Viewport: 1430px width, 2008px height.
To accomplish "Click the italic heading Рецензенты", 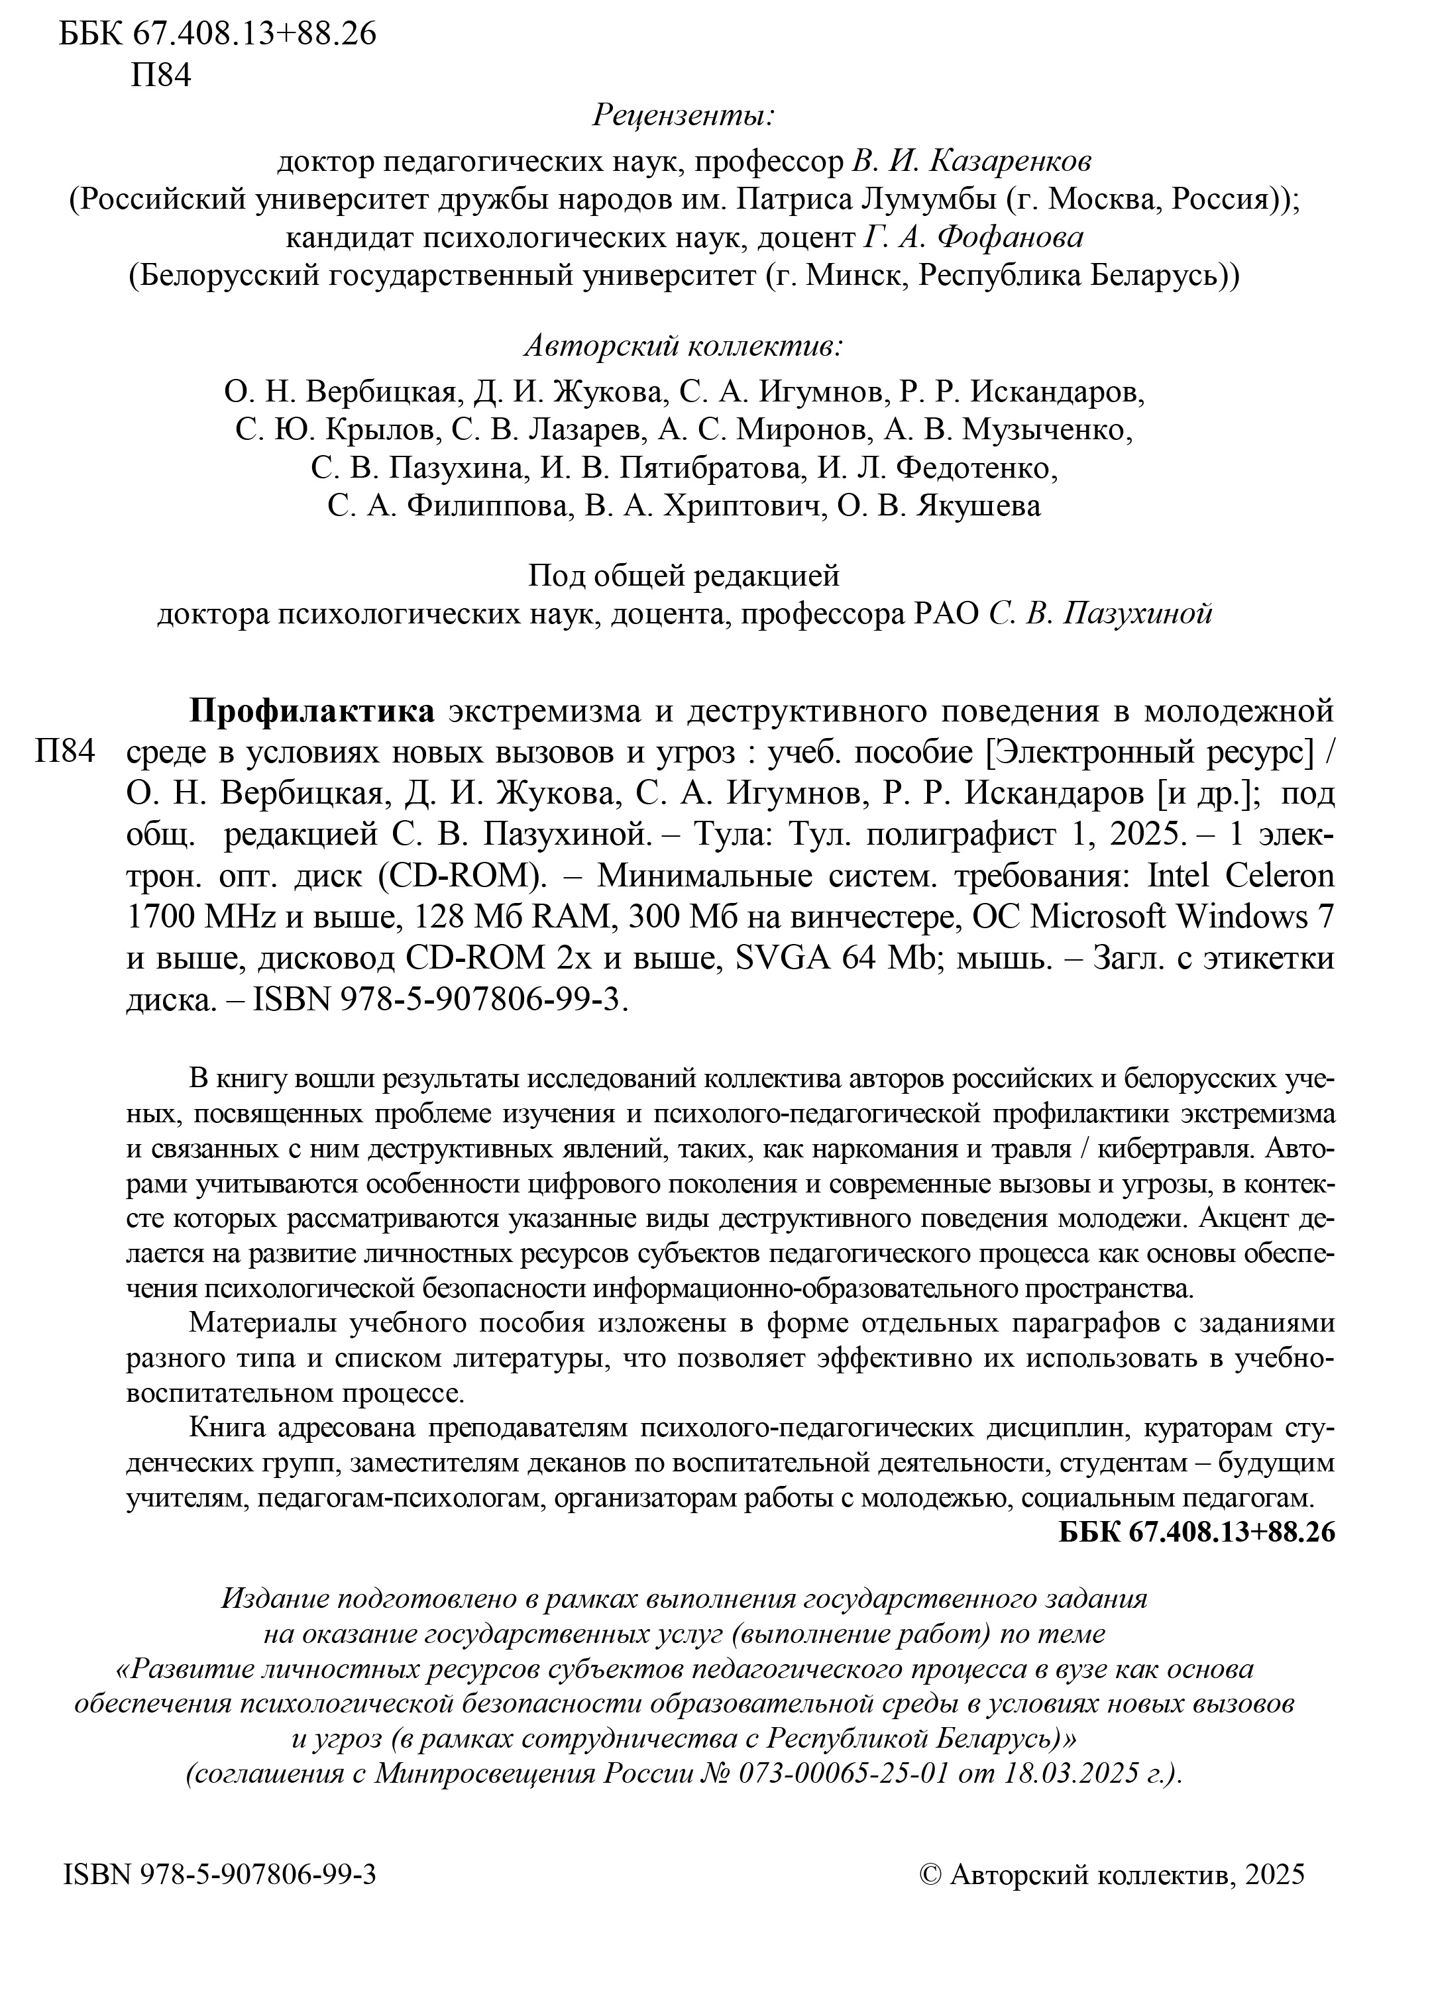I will pyautogui.click(x=683, y=115).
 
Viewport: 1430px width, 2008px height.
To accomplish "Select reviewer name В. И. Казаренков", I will pyautogui.click(x=972, y=162).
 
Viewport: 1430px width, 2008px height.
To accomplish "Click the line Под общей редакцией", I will pyautogui.click(x=683, y=576).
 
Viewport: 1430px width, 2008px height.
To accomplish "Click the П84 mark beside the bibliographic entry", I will pyautogui.click(x=65, y=751).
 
